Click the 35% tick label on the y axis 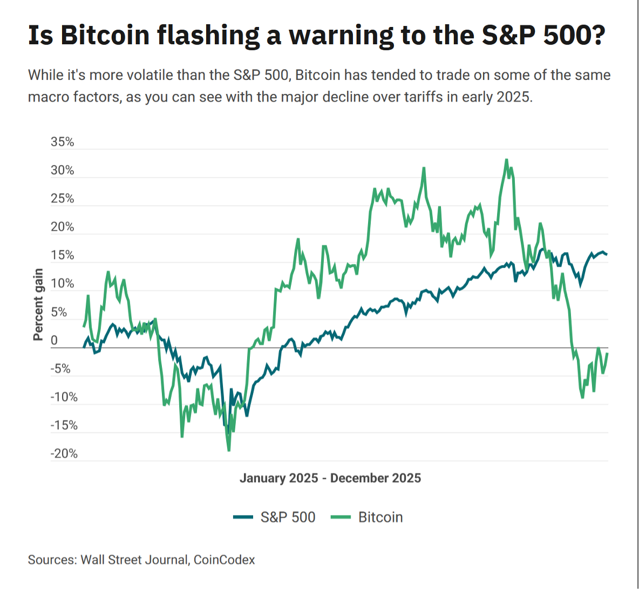[62, 142]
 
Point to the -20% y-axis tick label [64, 454]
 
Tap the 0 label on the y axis [54, 341]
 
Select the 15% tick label [62, 255]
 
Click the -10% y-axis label [64, 397]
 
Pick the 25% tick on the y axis [62, 199]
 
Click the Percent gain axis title [38, 304]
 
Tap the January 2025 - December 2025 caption [330, 478]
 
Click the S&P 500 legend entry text [288, 517]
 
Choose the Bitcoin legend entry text [380, 517]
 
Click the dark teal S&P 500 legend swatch [243, 517]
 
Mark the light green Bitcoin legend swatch [341, 517]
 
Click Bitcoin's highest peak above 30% [506, 160]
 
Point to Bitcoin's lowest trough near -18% [229, 450]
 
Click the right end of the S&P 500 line [607, 254]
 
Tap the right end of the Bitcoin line [607, 354]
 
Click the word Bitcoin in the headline [105, 35]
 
